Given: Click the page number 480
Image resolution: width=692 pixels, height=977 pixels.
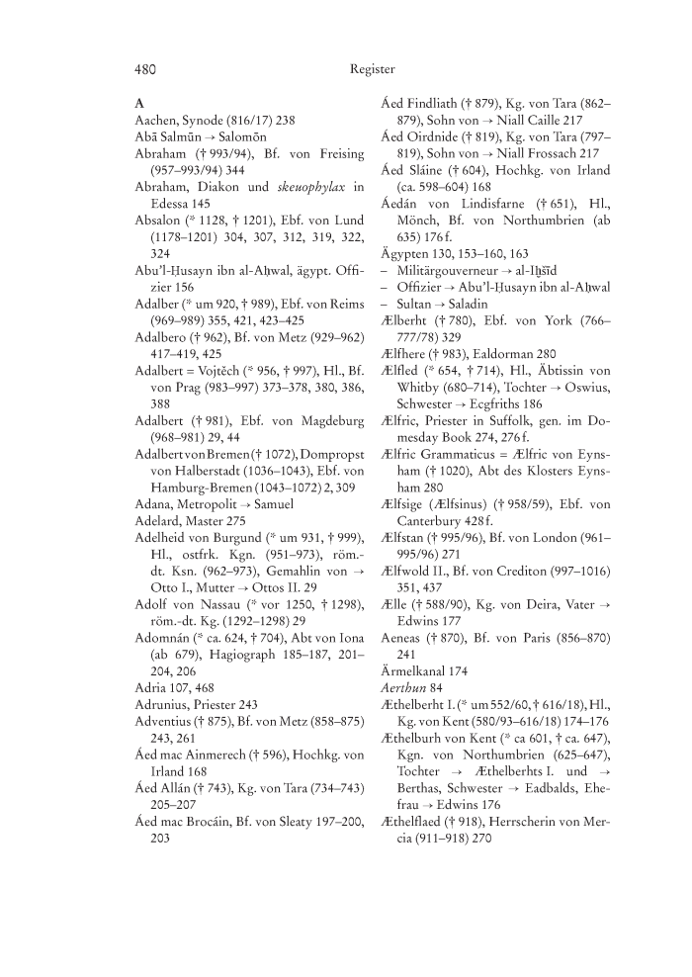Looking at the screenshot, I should pos(146,69).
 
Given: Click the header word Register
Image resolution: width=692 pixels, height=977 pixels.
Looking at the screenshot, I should pos(372,69).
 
